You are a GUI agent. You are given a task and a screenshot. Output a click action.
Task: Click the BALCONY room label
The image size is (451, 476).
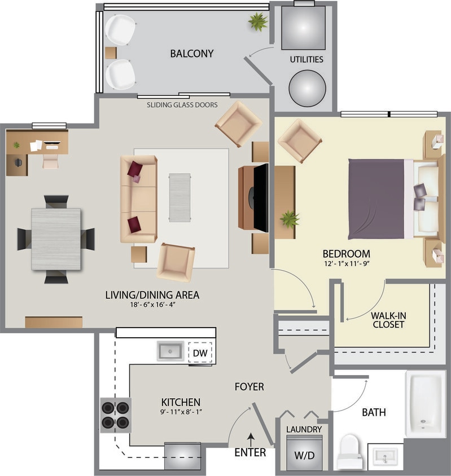pos(192,54)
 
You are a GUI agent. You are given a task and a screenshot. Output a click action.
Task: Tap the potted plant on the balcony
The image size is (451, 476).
pos(258,23)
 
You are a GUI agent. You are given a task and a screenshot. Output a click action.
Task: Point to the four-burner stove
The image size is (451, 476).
pos(116,415)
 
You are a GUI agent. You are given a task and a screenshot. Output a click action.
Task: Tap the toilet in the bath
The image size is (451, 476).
pos(349,451)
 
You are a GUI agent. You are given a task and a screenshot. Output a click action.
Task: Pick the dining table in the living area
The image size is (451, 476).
pos(56,239)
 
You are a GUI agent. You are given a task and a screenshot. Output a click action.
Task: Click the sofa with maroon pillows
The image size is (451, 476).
pos(138,199)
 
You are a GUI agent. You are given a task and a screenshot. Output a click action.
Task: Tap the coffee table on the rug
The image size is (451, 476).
pos(180,197)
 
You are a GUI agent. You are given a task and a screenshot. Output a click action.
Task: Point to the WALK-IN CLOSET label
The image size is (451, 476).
pos(388,320)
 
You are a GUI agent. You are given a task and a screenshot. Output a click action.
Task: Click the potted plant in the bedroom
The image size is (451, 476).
pos(290,219)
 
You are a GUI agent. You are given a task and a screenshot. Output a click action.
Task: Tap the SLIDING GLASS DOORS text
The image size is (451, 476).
pos(182,105)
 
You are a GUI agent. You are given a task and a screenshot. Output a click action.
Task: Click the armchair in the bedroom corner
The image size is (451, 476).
pos(299,140)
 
